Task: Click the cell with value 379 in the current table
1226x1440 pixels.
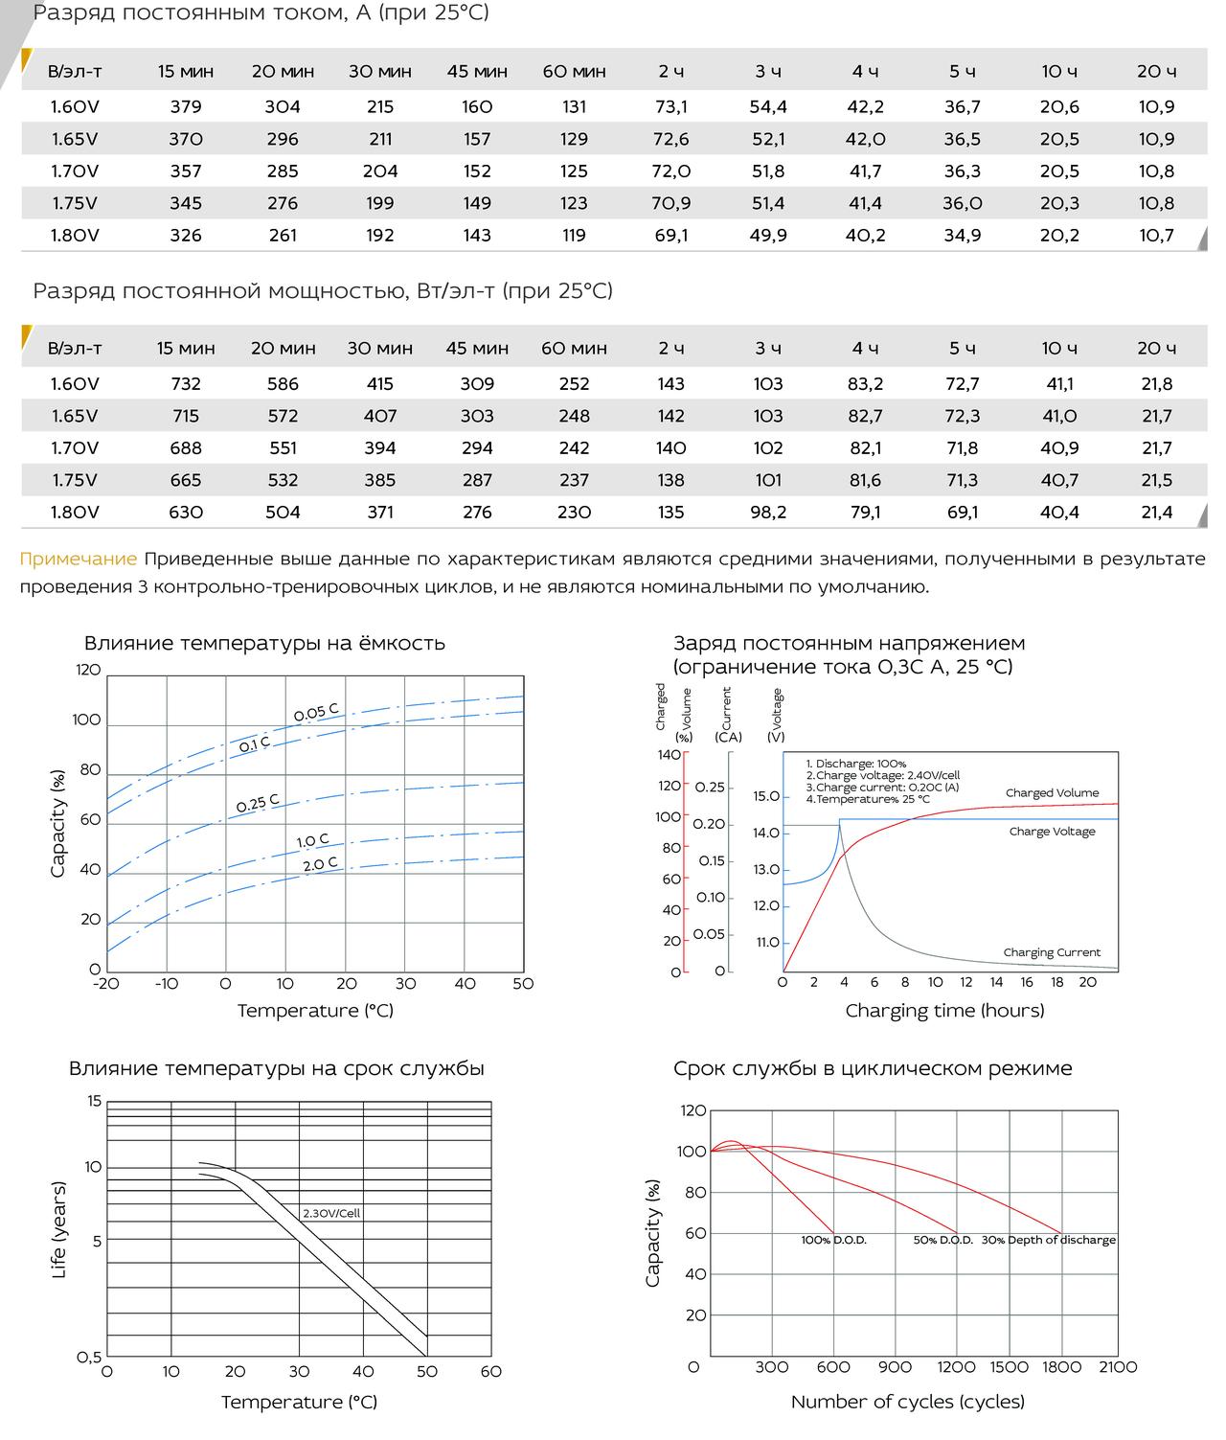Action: coord(185,106)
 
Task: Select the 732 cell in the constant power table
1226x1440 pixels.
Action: coord(185,384)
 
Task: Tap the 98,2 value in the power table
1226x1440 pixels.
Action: coord(767,512)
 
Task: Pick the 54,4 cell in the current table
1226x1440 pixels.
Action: coord(767,106)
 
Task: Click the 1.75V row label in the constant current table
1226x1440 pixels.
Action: coord(75,203)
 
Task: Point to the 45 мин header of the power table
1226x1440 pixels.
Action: coord(477,348)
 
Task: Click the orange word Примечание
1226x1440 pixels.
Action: coord(78,559)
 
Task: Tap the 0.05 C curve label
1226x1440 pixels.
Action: coord(315,712)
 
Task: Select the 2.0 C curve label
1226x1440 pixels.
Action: coord(320,864)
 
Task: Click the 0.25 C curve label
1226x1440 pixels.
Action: coord(257,803)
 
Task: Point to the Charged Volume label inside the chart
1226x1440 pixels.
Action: coord(1052,792)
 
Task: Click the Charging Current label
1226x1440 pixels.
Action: coord(1052,952)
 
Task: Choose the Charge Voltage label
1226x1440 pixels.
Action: coord(1052,831)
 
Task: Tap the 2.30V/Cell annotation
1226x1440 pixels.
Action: coord(331,1213)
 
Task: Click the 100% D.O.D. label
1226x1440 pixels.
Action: coord(834,1240)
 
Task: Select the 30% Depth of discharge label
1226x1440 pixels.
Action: coord(1049,1240)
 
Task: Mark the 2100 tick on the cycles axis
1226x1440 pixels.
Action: coord(1118,1367)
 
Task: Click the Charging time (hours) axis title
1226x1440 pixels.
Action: coord(944,1010)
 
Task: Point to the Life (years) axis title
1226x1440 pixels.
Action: coord(59,1229)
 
